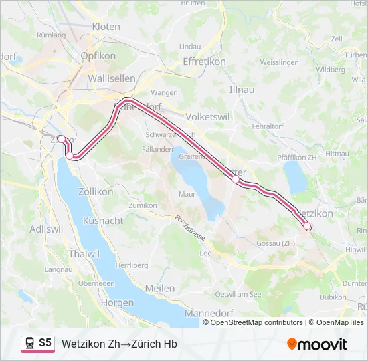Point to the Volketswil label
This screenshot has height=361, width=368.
[208, 116]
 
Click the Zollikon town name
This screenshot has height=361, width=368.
[96, 191]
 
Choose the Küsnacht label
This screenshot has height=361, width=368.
[103, 221]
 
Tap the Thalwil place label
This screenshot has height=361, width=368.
[84, 254]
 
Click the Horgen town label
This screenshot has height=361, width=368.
[116, 302]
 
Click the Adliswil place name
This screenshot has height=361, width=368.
[47, 229]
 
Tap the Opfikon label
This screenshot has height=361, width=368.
[98, 56]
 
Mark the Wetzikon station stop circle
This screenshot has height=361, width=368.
[308, 227]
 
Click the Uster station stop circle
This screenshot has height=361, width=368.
[236, 179]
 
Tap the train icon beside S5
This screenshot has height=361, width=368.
[29, 344]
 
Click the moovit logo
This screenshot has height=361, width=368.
[317, 344]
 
